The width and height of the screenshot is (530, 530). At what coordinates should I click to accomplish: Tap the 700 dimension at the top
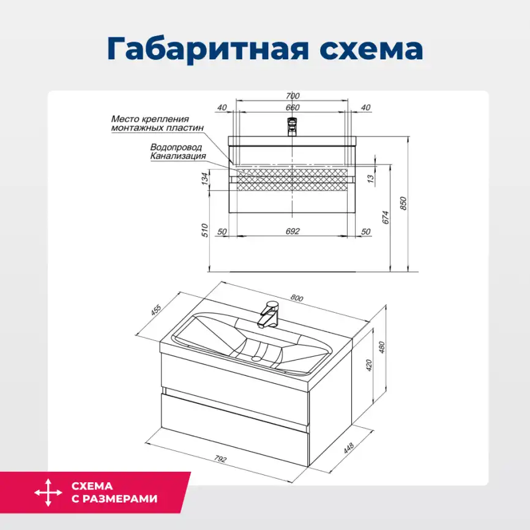coord(293,95)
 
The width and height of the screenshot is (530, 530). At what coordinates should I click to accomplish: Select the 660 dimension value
coord(293,108)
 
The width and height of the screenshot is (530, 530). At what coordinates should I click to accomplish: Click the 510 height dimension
coord(205,230)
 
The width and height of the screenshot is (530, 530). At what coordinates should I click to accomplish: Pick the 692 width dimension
coord(293,231)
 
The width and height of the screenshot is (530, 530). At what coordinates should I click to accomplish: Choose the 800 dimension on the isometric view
coord(296,298)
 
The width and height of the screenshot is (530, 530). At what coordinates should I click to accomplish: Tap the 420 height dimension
coord(368,365)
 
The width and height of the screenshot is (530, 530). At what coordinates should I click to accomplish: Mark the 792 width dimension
coord(220,460)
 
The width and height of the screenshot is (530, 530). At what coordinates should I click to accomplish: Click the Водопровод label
coord(176,147)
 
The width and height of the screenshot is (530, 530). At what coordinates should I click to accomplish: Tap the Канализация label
coord(177,156)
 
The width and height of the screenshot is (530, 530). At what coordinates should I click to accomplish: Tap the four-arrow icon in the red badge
coord(48,493)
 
